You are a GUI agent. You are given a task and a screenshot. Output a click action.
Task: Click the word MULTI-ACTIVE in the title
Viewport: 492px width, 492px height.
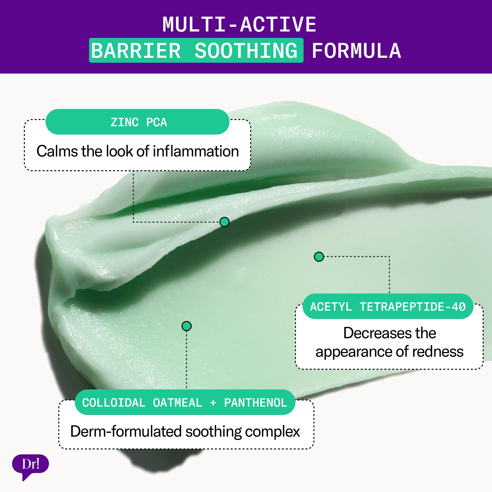(239, 24)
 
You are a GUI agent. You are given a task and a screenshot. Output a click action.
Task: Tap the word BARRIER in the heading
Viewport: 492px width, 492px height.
(136, 51)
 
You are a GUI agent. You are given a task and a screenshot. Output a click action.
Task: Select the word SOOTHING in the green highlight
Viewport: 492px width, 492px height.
(246, 51)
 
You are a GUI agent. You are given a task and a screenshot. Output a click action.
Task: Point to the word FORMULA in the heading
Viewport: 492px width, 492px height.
(356, 51)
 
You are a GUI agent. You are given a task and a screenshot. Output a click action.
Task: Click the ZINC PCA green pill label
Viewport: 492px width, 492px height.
(137, 122)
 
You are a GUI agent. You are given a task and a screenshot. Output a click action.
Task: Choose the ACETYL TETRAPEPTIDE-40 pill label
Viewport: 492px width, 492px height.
(388, 306)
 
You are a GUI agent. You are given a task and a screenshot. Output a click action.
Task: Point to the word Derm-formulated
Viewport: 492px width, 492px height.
(126, 432)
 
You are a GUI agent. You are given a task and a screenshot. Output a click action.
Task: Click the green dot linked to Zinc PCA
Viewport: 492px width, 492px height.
(224, 222)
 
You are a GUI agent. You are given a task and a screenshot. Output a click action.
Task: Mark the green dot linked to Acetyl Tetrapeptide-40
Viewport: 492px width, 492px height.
(319, 256)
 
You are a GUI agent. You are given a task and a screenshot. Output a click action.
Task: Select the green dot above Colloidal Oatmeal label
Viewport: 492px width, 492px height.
(187, 326)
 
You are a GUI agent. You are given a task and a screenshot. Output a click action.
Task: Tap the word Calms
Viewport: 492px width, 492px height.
(57, 151)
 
